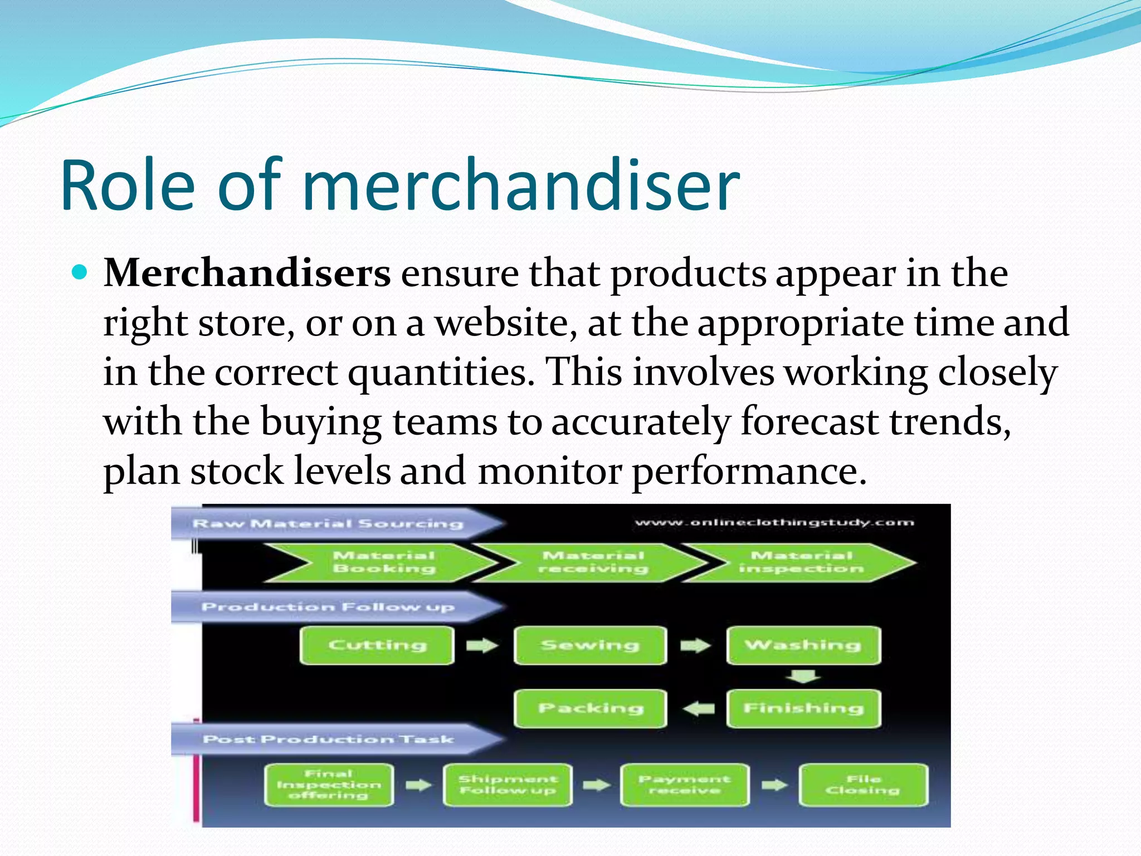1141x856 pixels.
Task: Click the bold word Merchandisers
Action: click(247, 274)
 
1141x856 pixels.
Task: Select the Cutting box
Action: click(377, 645)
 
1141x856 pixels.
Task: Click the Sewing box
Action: click(590, 645)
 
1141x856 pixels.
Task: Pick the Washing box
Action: click(803, 645)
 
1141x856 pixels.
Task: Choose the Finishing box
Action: click(803, 708)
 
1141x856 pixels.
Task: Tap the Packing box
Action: click(590, 708)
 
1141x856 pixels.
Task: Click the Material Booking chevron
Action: click(384, 562)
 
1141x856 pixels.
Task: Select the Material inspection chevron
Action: click(801, 562)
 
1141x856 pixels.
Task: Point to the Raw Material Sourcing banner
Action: click(329, 523)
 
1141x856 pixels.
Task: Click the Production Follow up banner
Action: click(329, 607)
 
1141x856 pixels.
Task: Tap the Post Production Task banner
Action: click(329, 739)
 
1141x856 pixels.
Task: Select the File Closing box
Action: click(863, 785)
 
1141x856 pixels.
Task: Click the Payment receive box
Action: click(684, 785)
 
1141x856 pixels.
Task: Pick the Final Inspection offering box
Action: click(329, 785)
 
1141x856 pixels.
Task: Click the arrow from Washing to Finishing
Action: click(802, 677)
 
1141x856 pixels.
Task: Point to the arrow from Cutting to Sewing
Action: click(482, 645)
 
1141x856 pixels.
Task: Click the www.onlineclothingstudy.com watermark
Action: click(774, 523)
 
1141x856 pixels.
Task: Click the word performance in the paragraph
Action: click(749, 471)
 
